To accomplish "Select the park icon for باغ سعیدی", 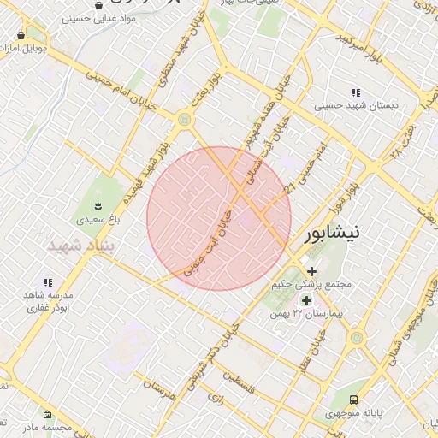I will [99, 206].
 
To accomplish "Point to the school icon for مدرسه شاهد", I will [48, 282].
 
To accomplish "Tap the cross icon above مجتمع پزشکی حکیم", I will [311, 270].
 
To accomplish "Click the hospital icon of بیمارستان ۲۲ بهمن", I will [306, 300].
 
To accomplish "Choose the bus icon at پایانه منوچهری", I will [354, 400].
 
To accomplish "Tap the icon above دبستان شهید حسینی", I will [356, 92].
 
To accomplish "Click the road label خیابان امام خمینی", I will [109, 91].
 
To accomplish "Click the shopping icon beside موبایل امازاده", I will [20, 35].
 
